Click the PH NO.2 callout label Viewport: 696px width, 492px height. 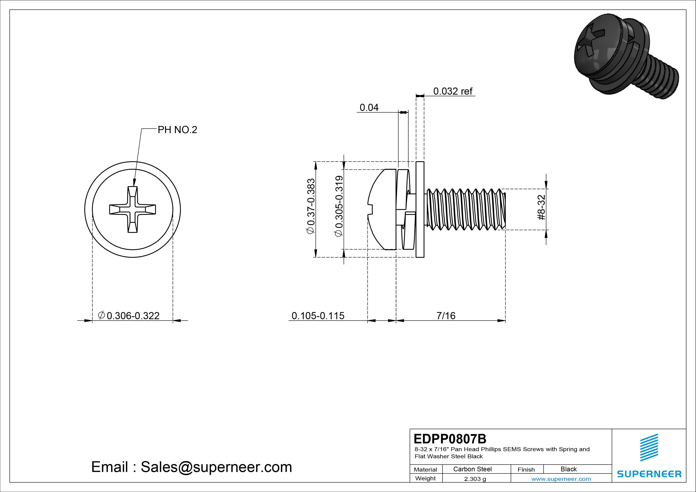coord(177,130)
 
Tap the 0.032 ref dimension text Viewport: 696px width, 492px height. coord(453,91)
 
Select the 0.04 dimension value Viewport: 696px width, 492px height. coord(369,108)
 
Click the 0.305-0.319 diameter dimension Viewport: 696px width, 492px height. coord(339,206)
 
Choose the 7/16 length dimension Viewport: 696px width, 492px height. coord(446,316)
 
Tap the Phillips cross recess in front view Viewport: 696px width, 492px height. coord(133,209)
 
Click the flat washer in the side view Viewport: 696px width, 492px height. coord(420,209)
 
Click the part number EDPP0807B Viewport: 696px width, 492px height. coord(450,439)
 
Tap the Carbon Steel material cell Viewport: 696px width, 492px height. coord(472,469)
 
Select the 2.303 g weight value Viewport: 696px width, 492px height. coord(475,479)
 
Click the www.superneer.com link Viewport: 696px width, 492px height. coord(561,479)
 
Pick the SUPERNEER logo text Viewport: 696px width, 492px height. coord(649,474)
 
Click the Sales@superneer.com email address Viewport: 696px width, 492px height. coord(216,467)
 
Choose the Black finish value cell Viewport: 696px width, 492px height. coord(568,469)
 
